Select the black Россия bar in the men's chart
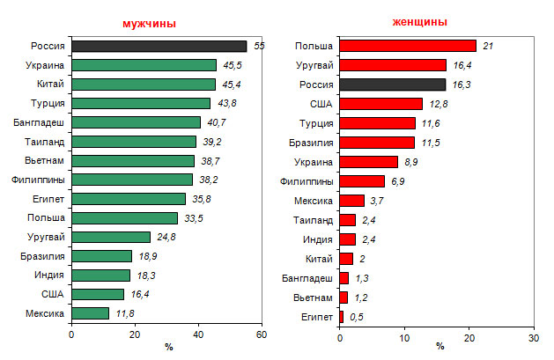point(159,46)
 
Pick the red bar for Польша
point(407,46)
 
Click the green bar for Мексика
point(90,312)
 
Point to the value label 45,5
point(233,65)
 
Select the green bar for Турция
point(140,103)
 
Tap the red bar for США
point(380,103)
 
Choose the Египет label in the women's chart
point(318,314)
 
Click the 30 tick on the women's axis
point(533,337)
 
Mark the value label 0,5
point(357,315)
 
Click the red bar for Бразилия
point(376,142)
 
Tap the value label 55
point(259,46)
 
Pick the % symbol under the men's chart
point(167,347)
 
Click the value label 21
point(488,46)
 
